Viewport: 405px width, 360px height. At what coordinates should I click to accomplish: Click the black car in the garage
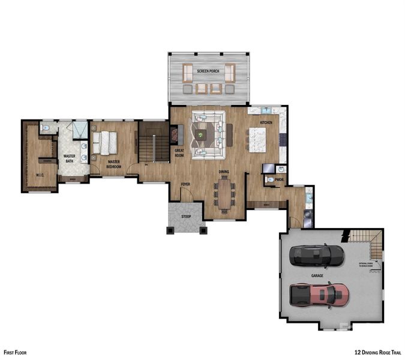(x=317, y=256)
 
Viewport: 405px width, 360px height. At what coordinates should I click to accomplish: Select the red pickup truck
(x=319, y=294)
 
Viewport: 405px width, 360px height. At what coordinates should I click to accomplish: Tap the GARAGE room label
(x=317, y=275)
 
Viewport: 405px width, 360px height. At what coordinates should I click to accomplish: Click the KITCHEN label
(x=266, y=123)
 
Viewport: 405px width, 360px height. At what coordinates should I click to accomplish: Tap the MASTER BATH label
(x=69, y=158)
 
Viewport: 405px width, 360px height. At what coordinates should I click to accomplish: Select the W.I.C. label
(x=40, y=175)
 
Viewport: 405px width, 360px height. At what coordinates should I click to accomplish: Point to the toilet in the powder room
(x=271, y=180)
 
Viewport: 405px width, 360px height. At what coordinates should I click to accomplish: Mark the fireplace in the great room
(x=175, y=133)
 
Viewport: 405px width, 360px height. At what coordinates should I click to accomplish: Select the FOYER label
(x=186, y=184)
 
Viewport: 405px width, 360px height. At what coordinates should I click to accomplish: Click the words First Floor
(x=15, y=353)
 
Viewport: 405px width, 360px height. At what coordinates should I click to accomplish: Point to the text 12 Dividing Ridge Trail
(x=377, y=353)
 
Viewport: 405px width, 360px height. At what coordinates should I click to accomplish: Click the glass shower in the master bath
(x=80, y=130)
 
